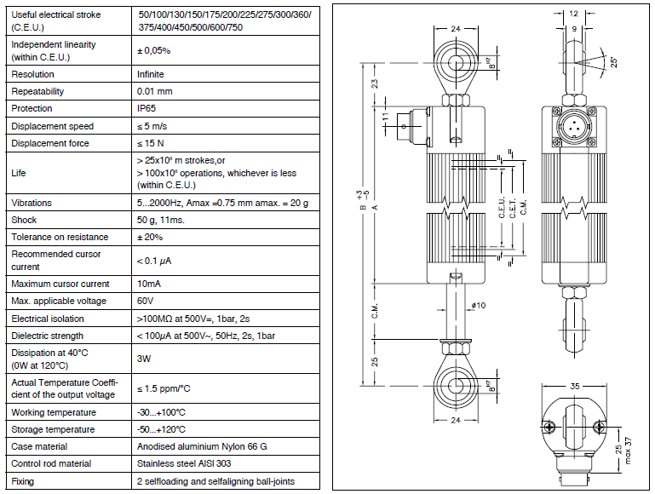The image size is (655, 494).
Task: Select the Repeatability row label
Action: pyautogui.click(x=37, y=91)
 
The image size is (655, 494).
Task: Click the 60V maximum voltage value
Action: pyautogui.click(x=146, y=302)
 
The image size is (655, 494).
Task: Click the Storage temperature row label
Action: pyautogui.click(x=52, y=429)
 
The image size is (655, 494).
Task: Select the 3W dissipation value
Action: pyautogui.click(x=144, y=359)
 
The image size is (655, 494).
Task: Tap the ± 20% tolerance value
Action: pyautogui.click(x=151, y=237)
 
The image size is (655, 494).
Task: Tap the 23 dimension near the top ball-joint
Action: pyautogui.click(x=375, y=83)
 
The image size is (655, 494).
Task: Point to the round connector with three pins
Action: pyautogui.click(x=574, y=125)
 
